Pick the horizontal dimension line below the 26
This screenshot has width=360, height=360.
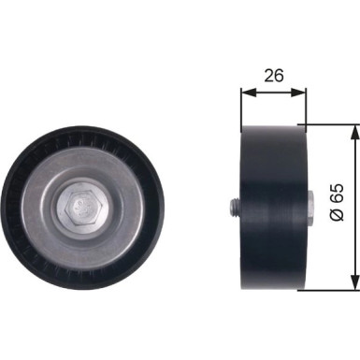tap(274, 92)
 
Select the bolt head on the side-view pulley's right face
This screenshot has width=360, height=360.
tap(310, 206)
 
